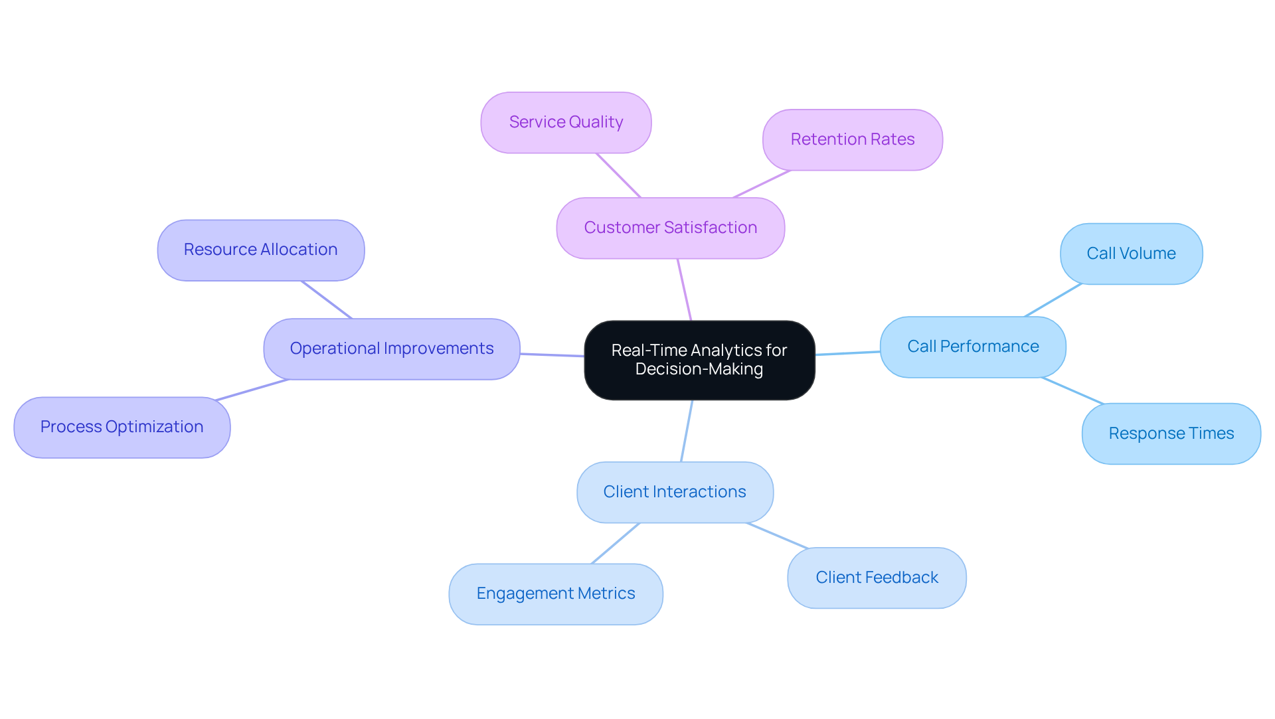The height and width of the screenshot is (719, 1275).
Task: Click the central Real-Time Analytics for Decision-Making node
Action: [x=699, y=359]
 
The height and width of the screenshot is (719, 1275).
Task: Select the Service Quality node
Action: [x=566, y=122]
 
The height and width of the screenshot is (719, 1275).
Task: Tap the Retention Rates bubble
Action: [x=852, y=139]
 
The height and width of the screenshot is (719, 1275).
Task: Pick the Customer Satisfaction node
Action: [x=670, y=228]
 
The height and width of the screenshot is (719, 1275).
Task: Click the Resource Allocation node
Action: [x=260, y=250]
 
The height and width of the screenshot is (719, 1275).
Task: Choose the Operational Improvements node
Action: [x=391, y=349]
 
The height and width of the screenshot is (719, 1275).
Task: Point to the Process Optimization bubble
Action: [x=122, y=427]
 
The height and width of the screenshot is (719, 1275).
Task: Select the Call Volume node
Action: [x=1131, y=254]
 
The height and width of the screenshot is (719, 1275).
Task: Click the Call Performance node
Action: [x=972, y=347]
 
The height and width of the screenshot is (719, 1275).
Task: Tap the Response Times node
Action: [x=1171, y=434]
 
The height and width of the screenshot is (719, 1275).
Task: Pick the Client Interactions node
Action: [x=675, y=492]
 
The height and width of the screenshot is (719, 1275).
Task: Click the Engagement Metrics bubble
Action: [x=555, y=594]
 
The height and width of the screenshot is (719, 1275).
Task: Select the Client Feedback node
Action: [x=876, y=578]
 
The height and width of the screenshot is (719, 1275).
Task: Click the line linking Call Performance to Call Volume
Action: [x=1053, y=300]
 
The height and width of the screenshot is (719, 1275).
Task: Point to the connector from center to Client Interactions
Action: [x=687, y=431]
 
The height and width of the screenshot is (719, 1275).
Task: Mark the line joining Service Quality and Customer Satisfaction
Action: [x=618, y=175]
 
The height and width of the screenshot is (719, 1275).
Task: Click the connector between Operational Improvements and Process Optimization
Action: [x=252, y=390]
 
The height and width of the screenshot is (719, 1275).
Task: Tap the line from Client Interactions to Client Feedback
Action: [x=778, y=536]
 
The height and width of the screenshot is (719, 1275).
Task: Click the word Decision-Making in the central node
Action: [x=699, y=369]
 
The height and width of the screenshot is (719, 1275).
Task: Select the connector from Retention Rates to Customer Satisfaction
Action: [x=762, y=184]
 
